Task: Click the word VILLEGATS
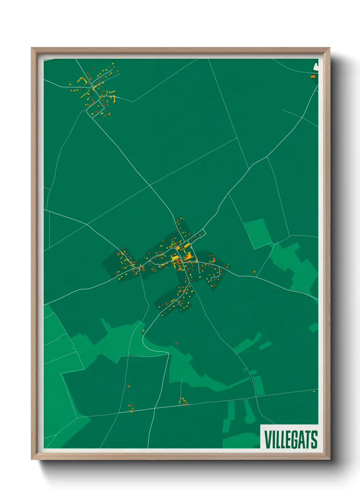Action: (291, 440)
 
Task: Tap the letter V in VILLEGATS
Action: (267, 440)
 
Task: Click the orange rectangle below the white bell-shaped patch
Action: (313, 77)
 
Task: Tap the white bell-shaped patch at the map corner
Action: (315, 67)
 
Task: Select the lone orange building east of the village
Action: (254, 271)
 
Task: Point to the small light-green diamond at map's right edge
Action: (313, 328)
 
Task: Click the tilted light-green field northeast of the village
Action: (258, 233)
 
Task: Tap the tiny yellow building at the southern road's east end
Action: (314, 391)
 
